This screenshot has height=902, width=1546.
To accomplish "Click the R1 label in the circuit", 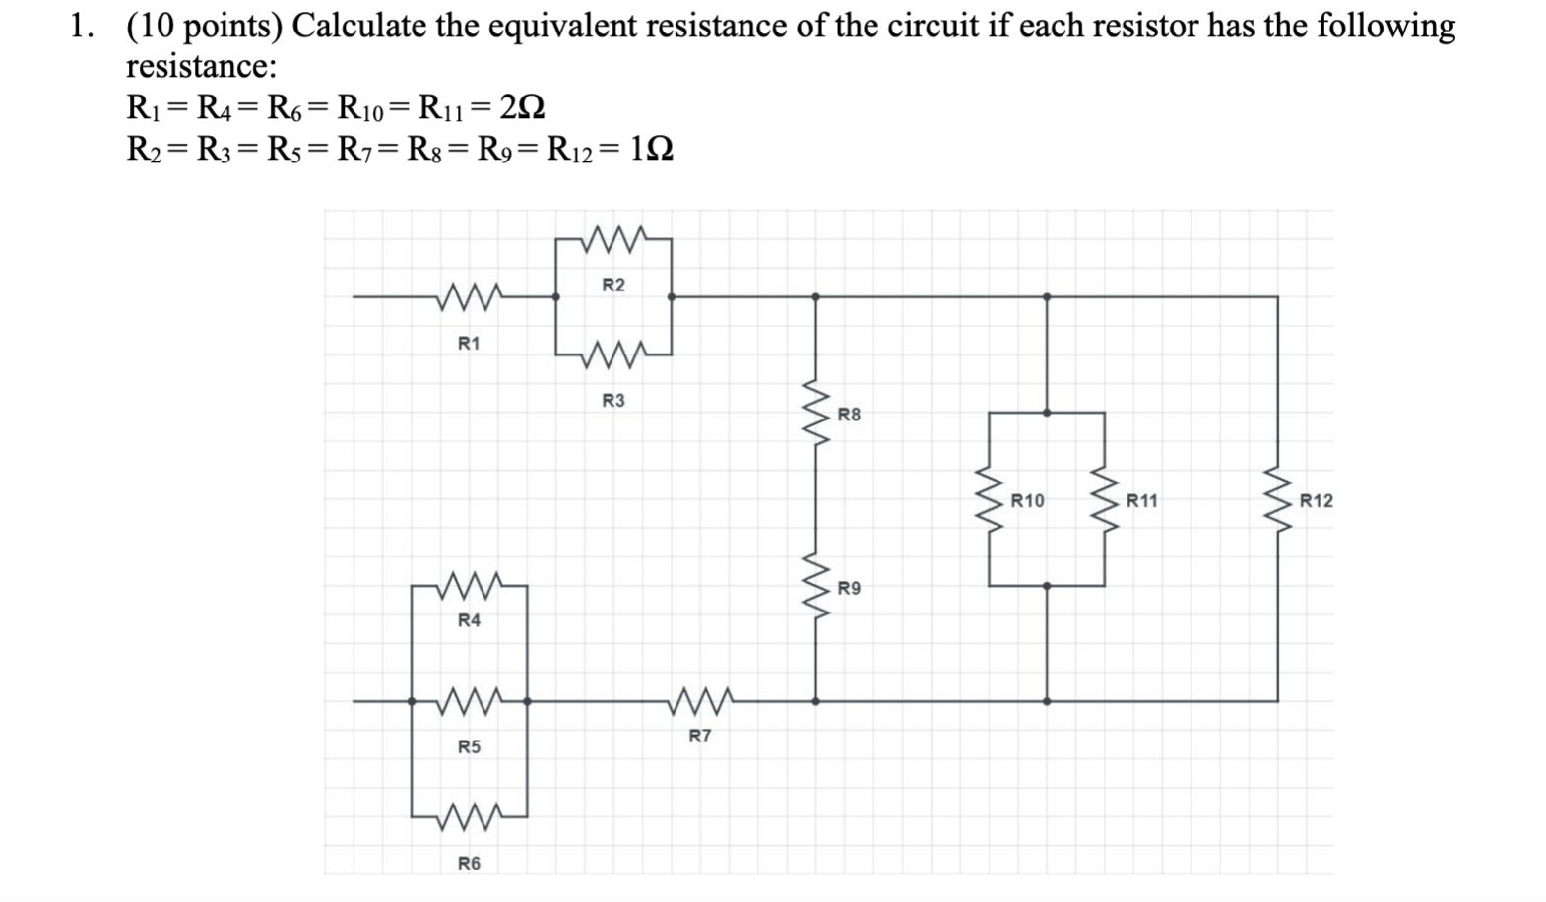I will (469, 343).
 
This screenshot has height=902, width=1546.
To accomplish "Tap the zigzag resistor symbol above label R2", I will (612, 237).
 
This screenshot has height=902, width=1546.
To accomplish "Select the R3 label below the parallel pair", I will (612, 401).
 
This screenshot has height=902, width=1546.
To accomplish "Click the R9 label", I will (849, 588).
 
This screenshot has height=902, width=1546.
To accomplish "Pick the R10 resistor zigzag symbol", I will (990, 499).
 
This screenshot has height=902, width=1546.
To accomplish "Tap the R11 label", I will (1142, 500).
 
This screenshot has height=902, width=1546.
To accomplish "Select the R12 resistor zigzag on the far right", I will (1278, 499).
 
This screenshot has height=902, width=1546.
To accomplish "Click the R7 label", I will (699, 736).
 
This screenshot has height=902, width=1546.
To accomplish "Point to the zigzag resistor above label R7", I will (699, 700).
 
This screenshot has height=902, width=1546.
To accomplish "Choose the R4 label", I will (469, 620).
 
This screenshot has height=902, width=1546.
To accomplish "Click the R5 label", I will (469, 746).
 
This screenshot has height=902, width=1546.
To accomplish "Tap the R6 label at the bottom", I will (469, 863).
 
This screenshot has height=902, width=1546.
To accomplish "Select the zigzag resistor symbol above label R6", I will (469, 815).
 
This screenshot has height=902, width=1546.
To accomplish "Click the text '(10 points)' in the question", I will (204, 26).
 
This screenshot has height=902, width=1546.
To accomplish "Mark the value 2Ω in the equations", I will (522, 106).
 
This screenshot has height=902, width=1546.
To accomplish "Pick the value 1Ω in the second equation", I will (650, 150).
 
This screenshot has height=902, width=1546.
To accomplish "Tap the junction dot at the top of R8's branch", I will (815, 296).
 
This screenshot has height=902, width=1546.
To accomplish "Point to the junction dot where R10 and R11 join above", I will (1047, 413).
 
